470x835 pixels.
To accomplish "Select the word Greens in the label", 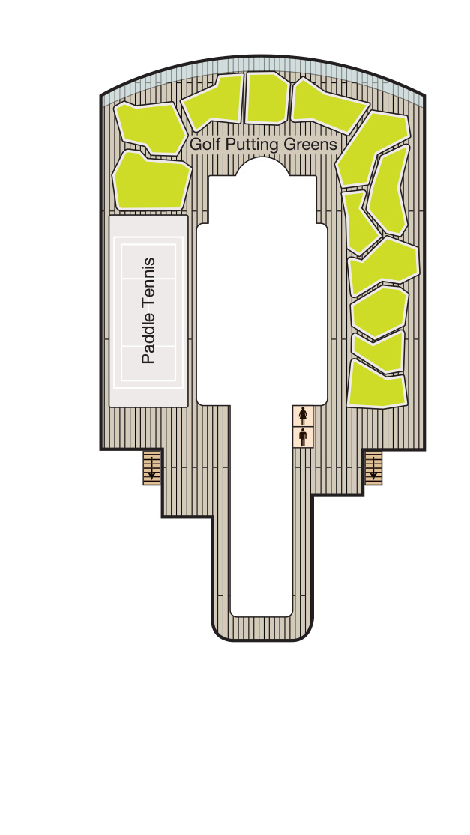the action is click(x=310, y=145).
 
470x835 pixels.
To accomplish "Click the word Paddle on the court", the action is click(x=148, y=338).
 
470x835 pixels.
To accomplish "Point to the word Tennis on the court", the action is click(x=148, y=283).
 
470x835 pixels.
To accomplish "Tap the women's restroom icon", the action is click(x=303, y=416).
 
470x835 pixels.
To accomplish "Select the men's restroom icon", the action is click(x=303, y=437).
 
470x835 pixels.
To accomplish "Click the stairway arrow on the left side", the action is click(x=152, y=467).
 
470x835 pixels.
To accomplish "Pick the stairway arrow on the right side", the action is click(x=373, y=467).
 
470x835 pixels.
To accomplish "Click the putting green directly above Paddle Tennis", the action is click(x=151, y=181).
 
